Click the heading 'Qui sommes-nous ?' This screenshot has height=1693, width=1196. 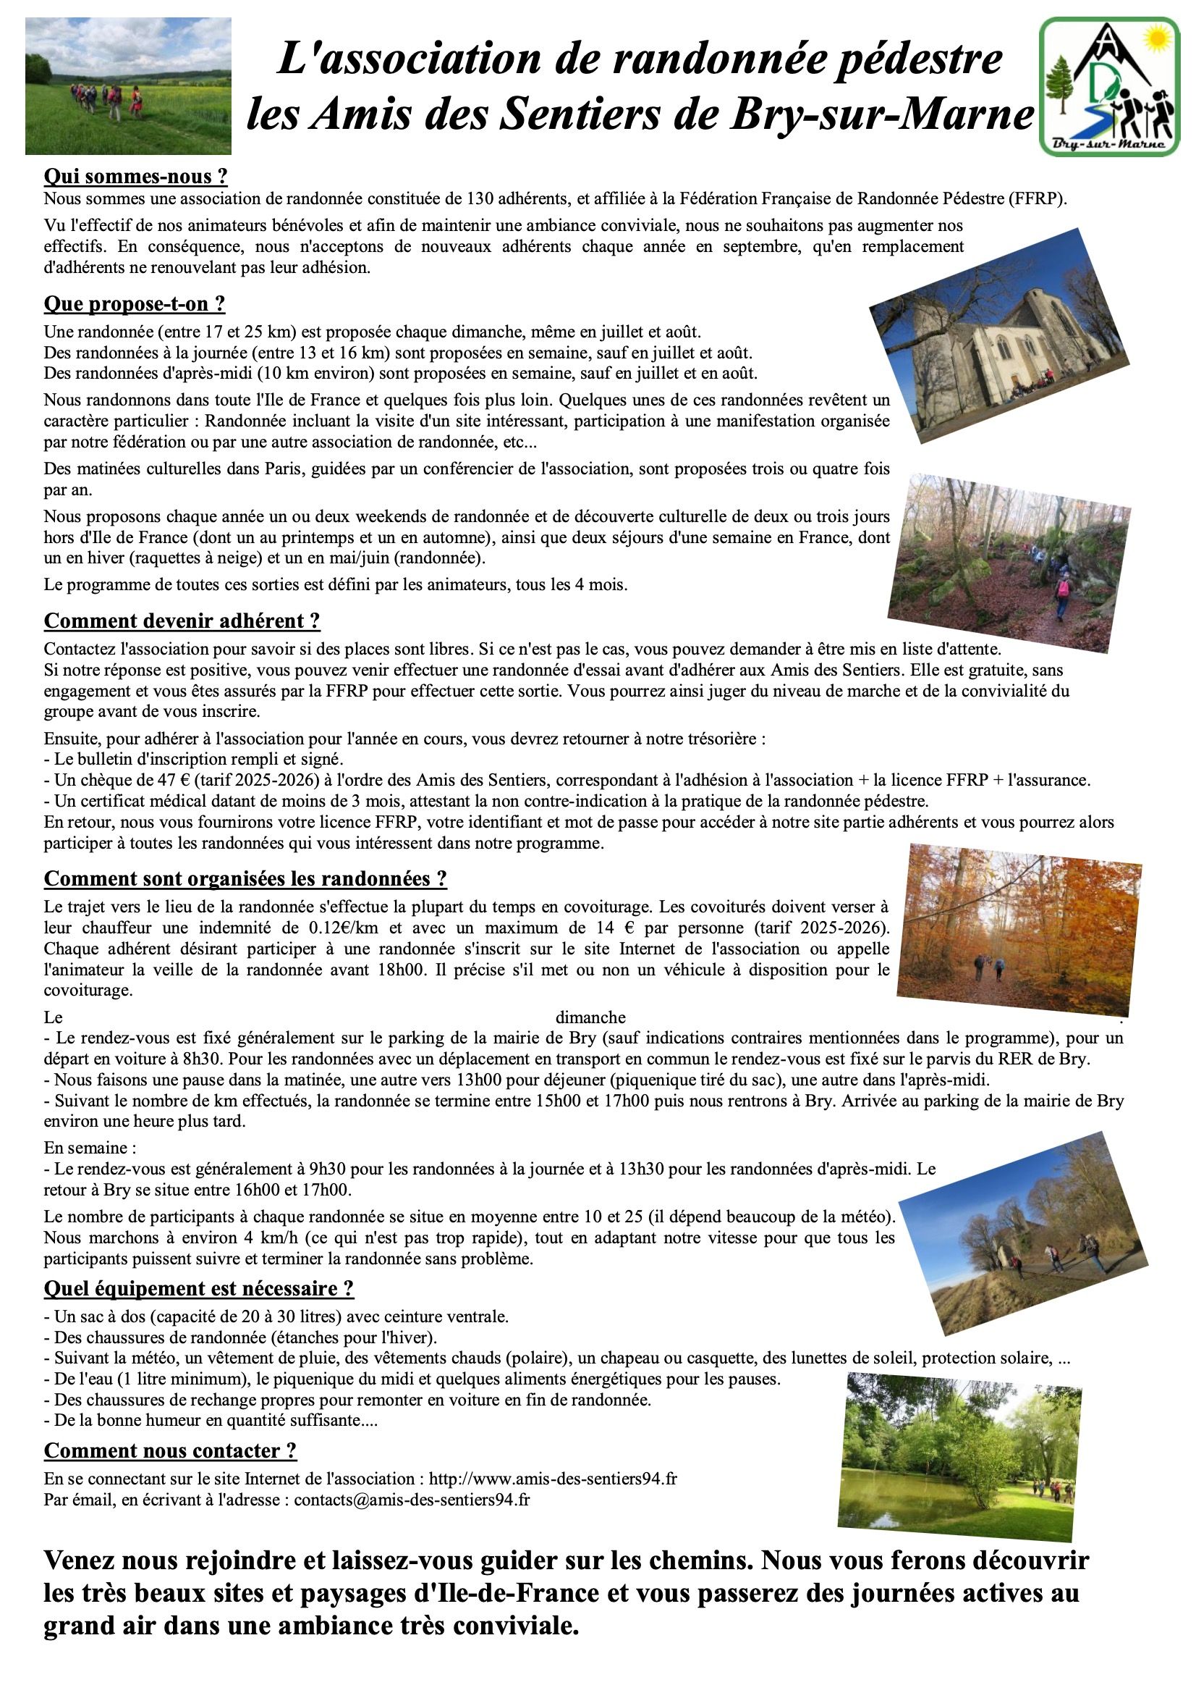coord(135,176)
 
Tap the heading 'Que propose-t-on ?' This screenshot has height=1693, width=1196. coord(134,304)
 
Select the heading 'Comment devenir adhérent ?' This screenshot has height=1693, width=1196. coord(182,621)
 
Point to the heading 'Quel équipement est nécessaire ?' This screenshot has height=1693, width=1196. coord(199,1288)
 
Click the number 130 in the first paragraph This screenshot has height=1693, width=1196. coord(480,198)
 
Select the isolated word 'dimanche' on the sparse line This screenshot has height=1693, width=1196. coord(590,1017)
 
